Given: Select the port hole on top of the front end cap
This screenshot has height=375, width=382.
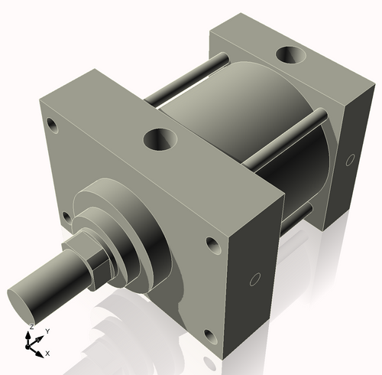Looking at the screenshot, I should [x=160, y=139].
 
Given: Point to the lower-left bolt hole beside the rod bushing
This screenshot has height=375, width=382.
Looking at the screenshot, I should [x=67, y=217].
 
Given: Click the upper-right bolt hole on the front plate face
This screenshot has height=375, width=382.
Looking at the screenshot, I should [x=211, y=246].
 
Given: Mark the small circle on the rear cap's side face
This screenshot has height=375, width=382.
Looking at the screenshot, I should [x=350, y=160].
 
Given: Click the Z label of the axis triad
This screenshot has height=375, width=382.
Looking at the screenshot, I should [x=31, y=327].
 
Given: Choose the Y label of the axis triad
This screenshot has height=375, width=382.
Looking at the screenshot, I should [x=47, y=331].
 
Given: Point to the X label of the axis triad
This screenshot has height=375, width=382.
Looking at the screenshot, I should [x=47, y=354].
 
